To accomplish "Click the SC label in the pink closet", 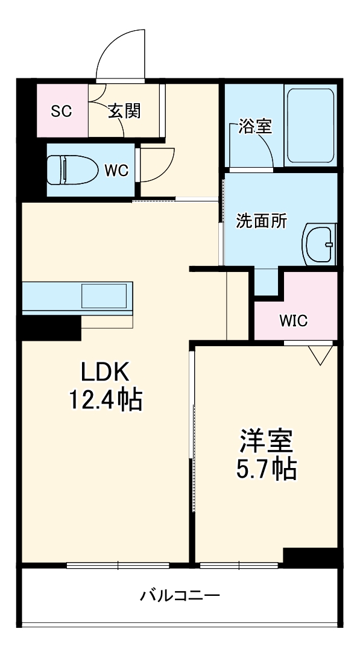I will [62, 111].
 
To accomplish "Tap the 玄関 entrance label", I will [125, 111].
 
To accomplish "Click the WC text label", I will [116, 171].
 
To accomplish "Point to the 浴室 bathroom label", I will [254, 127].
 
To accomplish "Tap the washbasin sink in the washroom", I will [319, 244].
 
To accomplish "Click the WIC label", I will [293, 320].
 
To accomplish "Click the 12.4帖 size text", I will [106, 399].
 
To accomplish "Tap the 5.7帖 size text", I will [266, 468].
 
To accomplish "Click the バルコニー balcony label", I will [180, 596].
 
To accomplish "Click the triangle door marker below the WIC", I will [320, 355].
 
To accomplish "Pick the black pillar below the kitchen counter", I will [51, 328].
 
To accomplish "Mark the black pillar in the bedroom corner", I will [309, 557].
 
